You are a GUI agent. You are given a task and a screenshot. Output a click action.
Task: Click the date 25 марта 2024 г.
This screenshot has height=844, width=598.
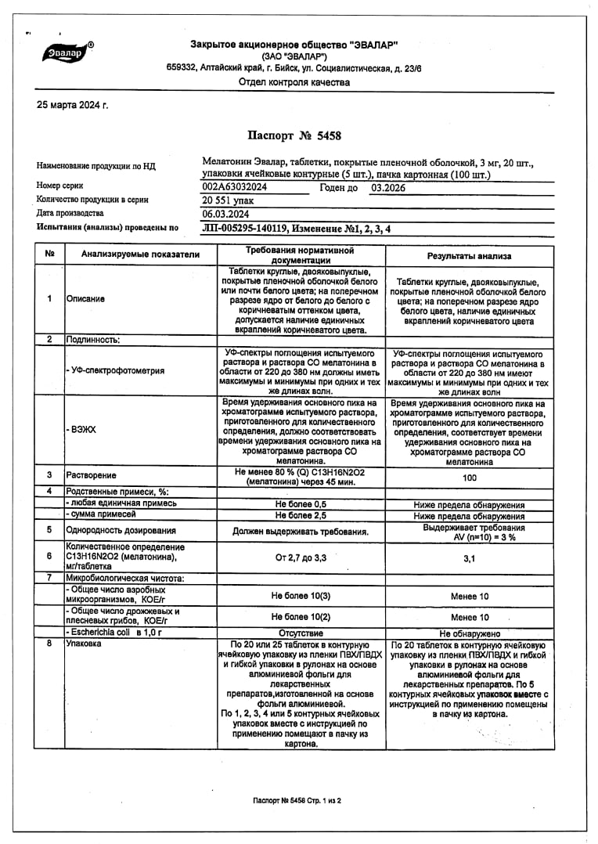click(x=73, y=105)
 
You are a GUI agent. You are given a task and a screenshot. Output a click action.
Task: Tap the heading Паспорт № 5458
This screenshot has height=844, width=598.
click(x=294, y=135)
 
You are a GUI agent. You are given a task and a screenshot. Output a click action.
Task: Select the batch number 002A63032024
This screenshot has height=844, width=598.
click(x=235, y=188)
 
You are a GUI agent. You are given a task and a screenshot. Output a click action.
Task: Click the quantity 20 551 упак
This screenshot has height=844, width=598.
click(x=229, y=200)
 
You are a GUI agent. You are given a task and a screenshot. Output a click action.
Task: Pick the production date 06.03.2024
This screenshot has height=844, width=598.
click(x=226, y=214)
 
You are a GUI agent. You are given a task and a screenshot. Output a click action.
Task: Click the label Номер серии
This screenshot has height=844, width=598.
click(x=59, y=186)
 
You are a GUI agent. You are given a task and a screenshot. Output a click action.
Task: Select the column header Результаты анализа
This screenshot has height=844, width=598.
click(x=469, y=256)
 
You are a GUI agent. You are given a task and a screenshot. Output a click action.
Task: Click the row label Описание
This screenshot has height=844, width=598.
click(x=86, y=298)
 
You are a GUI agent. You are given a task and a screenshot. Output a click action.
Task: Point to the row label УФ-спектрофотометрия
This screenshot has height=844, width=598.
click(x=116, y=371)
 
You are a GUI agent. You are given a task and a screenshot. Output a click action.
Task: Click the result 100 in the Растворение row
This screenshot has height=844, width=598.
click(x=470, y=477)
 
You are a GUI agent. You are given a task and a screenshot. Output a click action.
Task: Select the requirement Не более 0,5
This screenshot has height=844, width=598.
click(x=301, y=504)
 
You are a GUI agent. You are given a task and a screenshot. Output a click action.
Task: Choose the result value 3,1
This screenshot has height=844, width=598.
click(x=470, y=558)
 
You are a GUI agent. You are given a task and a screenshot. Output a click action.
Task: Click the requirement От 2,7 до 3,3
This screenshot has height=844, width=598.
click(x=301, y=558)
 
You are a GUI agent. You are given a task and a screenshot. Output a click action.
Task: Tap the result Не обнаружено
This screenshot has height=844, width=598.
click(x=470, y=633)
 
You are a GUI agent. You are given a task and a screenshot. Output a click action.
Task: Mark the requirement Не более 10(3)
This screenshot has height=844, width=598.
click(x=301, y=596)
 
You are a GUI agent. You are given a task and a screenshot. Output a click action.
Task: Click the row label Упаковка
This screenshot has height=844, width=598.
click(x=85, y=644)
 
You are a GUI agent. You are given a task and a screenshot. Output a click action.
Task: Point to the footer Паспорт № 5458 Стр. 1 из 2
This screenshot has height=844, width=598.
click(x=297, y=801)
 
